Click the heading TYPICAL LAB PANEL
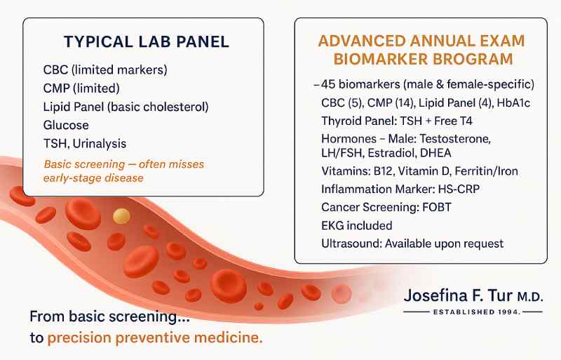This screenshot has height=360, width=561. [146, 42]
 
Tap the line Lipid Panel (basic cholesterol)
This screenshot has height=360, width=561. [126, 107]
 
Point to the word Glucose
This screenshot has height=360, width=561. [66, 126]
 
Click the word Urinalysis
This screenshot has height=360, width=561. [100, 144]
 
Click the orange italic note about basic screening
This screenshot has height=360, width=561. [123, 171]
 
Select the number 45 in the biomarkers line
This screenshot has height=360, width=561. [327, 84]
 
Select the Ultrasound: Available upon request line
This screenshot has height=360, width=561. [412, 244]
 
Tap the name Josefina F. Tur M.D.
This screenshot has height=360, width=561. [473, 295]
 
